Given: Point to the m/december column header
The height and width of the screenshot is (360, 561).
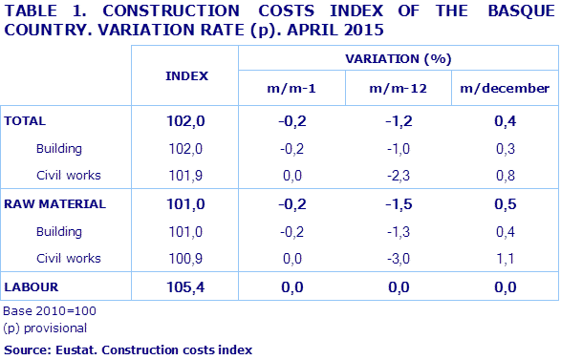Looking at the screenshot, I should [x=505, y=89].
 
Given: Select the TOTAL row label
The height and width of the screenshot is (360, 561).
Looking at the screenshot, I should [x=26, y=121].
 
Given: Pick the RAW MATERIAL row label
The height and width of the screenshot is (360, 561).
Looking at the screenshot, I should [x=55, y=204].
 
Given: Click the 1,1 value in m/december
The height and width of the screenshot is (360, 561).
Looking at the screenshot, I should [x=505, y=259].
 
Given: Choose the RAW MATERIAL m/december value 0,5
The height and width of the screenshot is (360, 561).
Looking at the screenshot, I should [x=505, y=204].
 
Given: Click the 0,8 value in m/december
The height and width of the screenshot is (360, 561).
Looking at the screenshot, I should [x=505, y=176].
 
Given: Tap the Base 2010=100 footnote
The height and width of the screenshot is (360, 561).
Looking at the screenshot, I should [x=50, y=311].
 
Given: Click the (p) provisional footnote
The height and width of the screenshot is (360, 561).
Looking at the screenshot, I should [x=46, y=328].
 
